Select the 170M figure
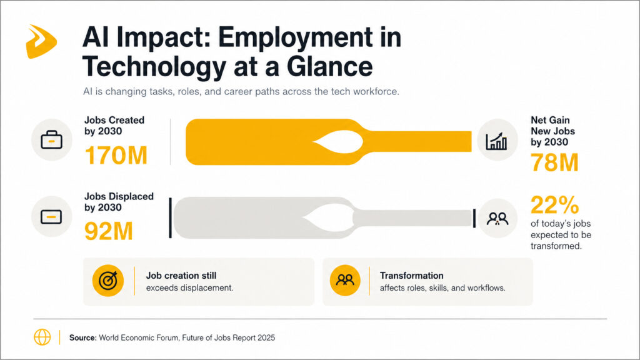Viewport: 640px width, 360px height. tap(116, 156)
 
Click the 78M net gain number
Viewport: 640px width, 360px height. tap(554, 162)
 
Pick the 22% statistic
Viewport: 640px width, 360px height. tap(554, 206)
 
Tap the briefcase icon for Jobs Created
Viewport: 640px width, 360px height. tap(52, 141)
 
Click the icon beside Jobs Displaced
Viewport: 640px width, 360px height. tap(52, 217)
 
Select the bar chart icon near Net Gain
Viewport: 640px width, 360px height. tap(497, 141)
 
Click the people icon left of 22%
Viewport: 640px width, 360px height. tap(497, 218)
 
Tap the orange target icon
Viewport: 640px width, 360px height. tap(108, 281)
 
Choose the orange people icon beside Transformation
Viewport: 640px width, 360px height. tap(345, 281)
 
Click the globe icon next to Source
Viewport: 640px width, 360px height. tap(42, 337)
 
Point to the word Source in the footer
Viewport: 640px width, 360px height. tap(82, 337)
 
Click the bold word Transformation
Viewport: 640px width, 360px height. tap(411, 276)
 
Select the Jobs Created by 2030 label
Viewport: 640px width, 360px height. tap(114, 125)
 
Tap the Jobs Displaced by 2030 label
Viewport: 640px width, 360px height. tap(119, 202)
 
